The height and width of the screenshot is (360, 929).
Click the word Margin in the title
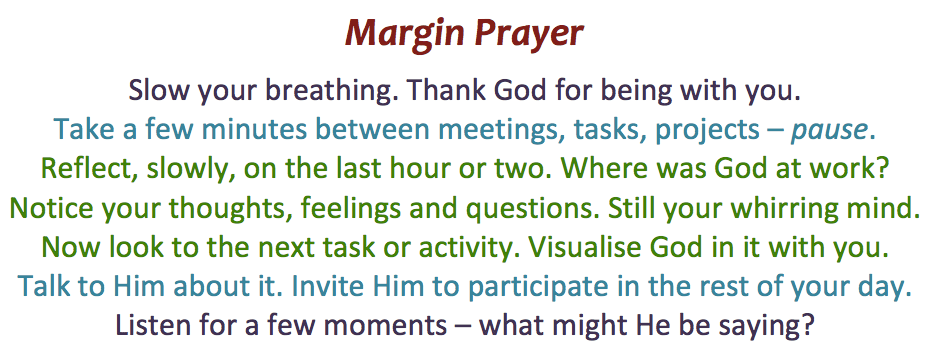click(x=405, y=34)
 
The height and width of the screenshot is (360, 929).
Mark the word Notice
click(x=50, y=208)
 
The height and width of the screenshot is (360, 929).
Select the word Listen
click(x=150, y=325)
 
